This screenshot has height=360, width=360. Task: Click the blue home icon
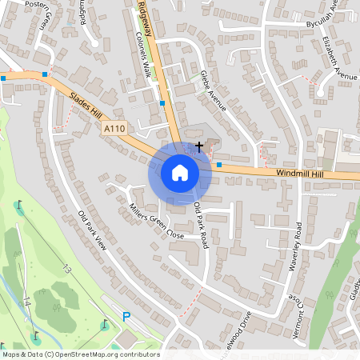pyautogui.click(x=179, y=172)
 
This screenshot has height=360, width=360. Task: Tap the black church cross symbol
pyautogui.click(x=198, y=146)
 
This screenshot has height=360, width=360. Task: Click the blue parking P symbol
pyautogui.click(x=126, y=318)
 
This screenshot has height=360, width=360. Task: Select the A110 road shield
pyautogui.click(x=114, y=127)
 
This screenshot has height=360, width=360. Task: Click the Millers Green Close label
pyautogui.click(x=157, y=222)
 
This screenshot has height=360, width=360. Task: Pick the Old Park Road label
pyautogui.click(x=201, y=224)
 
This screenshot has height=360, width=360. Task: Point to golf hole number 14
pyautogui.click(x=26, y=302)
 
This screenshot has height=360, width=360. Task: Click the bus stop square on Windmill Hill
pyautogui.click(x=219, y=165)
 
